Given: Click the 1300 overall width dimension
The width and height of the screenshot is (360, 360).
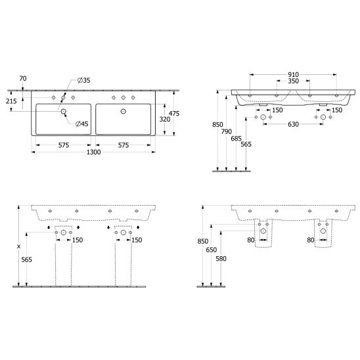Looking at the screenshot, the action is coord(93,152).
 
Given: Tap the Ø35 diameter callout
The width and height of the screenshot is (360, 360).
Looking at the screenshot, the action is coord(84,80).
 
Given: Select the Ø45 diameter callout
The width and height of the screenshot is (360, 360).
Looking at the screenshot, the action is coord(82,124).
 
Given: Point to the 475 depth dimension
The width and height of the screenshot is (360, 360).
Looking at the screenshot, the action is coord(174,114).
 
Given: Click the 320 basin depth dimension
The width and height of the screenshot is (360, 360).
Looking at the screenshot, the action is coord(165,119).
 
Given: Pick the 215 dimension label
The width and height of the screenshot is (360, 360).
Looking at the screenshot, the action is coord(11,101).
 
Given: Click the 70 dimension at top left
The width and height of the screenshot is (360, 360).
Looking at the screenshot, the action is coord(23,79).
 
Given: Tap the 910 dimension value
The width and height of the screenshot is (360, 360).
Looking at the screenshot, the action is coord(293,75).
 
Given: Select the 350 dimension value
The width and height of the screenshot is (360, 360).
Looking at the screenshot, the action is coord(293,81).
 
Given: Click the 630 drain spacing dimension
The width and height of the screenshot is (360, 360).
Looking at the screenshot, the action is coord(293,124).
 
